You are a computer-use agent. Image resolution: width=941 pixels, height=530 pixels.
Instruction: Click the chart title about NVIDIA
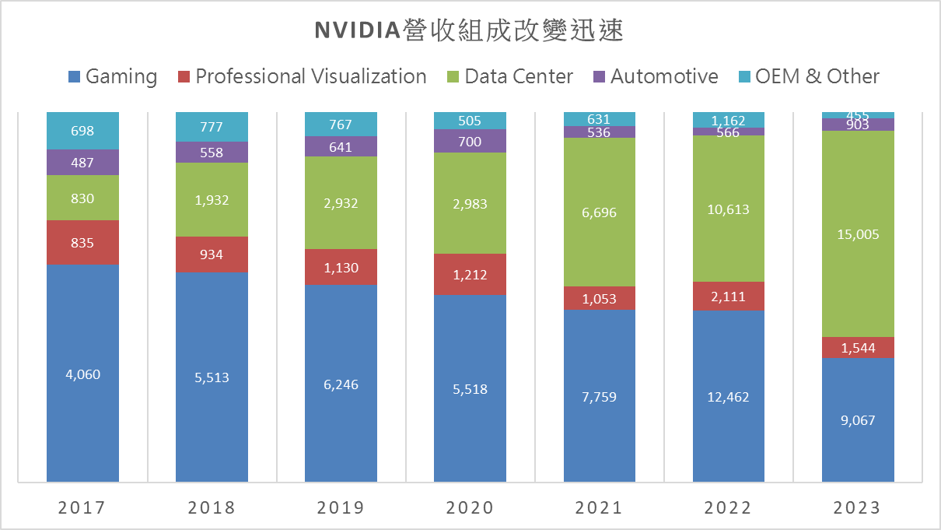point(470,30)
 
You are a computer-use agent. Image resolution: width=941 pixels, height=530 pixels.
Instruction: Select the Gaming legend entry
point(112,76)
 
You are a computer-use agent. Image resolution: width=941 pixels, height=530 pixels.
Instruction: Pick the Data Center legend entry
point(509,76)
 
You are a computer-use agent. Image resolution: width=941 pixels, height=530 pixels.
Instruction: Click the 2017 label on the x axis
point(82,507)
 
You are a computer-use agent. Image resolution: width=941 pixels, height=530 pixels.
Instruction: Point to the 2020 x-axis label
point(470,507)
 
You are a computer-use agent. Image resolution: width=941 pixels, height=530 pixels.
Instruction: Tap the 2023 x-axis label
point(858,507)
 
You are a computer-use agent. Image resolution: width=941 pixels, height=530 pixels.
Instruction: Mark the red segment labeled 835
point(82,242)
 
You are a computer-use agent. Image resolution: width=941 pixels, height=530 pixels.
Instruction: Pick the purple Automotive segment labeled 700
point(470,141)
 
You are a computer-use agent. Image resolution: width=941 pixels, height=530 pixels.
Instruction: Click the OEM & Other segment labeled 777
point(212,126)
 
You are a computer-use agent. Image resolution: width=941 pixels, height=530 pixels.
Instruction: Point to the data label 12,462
point(729,397)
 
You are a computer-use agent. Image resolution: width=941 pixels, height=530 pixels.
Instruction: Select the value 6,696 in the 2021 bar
point(599,212)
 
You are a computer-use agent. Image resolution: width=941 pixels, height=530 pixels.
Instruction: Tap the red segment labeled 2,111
point(729,297)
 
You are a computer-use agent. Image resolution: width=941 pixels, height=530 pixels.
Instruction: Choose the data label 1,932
point(212,200)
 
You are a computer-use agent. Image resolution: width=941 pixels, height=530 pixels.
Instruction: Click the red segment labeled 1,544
point(858,347)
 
